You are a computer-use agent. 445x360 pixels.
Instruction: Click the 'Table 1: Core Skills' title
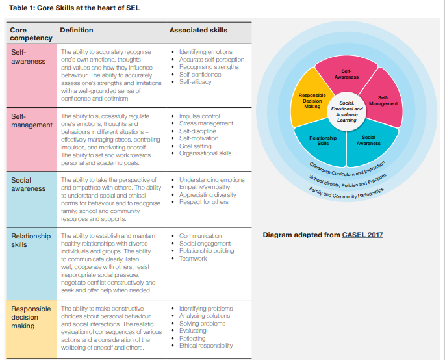(74, 8)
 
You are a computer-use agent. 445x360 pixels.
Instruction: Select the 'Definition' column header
(77, 30)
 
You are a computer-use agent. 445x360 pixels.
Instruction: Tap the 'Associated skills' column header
(198, 30)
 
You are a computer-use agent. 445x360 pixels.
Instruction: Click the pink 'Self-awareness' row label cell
(32, 75)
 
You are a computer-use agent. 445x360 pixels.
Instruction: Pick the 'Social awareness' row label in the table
(29, 185)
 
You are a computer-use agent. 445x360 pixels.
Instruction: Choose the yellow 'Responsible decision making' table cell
(32, 329)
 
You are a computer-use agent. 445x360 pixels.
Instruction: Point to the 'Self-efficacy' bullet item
(196, 82)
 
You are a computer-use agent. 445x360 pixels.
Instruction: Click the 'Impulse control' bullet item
(199, 116)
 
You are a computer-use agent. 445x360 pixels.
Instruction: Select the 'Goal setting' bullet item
(196, 146)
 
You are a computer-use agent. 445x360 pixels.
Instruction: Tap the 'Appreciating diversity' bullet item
(207, 195)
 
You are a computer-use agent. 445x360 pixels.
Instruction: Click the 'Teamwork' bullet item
(193, 259)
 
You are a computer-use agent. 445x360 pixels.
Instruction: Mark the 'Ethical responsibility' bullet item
(206, 346)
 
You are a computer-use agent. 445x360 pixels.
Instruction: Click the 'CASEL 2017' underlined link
(362, 235)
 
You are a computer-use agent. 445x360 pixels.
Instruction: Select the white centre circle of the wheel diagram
(346, 111)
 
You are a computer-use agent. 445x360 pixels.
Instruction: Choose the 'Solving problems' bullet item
(202, 324)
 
